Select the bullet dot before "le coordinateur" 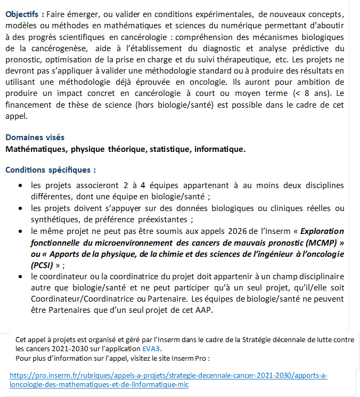[x=20, y=277]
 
